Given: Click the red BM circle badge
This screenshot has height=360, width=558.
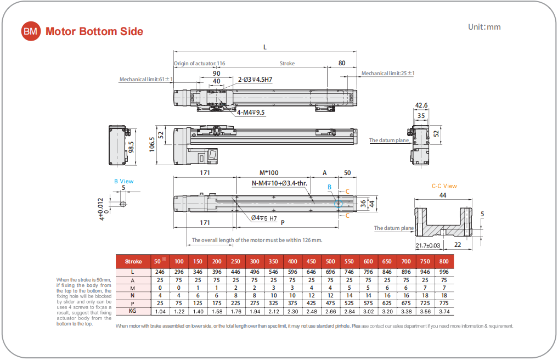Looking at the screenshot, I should pos(31,31).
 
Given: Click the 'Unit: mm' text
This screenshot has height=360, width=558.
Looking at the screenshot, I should pos(484,27).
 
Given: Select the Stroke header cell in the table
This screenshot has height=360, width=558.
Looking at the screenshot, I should pos(133,262).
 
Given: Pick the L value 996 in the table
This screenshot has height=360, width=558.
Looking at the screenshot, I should pos(444,272).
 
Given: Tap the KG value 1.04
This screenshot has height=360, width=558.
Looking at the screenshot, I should pos(160,311).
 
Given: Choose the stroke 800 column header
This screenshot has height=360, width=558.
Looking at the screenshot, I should pos(444,262).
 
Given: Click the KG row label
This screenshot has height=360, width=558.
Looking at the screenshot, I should pos(133,311).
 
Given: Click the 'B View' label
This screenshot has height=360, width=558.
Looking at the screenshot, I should pos(123,181).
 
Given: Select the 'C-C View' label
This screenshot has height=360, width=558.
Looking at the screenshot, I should pos(444,186).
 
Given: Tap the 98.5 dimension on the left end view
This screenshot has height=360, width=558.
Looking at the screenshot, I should pos(132,147).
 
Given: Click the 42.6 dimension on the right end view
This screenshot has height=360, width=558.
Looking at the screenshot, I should pos(421,105).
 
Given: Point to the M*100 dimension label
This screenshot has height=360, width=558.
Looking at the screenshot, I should pos(269,172).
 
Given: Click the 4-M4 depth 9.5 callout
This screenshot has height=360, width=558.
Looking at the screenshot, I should pos(251,113).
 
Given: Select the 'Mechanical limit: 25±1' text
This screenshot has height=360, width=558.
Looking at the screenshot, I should pos(388,73).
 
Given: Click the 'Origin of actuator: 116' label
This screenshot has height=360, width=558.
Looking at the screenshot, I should pos(200,63).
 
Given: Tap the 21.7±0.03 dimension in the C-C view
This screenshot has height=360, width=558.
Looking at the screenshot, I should pos(429,245).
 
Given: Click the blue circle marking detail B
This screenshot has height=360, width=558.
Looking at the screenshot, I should pos(339,204).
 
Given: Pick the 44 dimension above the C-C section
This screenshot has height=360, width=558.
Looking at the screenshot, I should pos(443,195).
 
